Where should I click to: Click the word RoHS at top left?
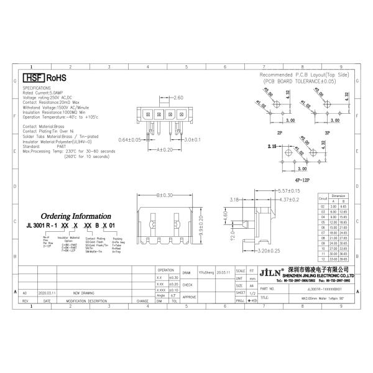pyautogui.click(x=56, y=78)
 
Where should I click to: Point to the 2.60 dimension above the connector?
pyautogui.click(x=178, y=98)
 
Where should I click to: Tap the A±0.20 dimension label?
pyautogui.click(x=165, y=150)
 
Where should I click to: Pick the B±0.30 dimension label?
pyautogui.click(x=165, y=195)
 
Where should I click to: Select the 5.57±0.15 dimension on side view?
pyautogui.click(x=288, y=191)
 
